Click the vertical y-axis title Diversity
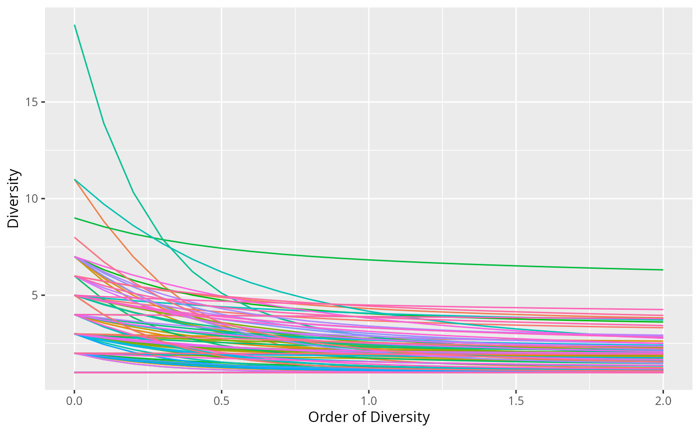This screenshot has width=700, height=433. [14, 199]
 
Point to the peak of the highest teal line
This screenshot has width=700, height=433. [74, 25]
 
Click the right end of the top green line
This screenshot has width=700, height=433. [662, 270]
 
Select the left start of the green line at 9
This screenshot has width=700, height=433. [74, 218]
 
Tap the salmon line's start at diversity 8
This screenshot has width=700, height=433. [74, 237]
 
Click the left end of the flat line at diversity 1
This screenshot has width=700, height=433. [74, 372]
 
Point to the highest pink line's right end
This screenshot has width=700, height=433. [662, 309]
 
